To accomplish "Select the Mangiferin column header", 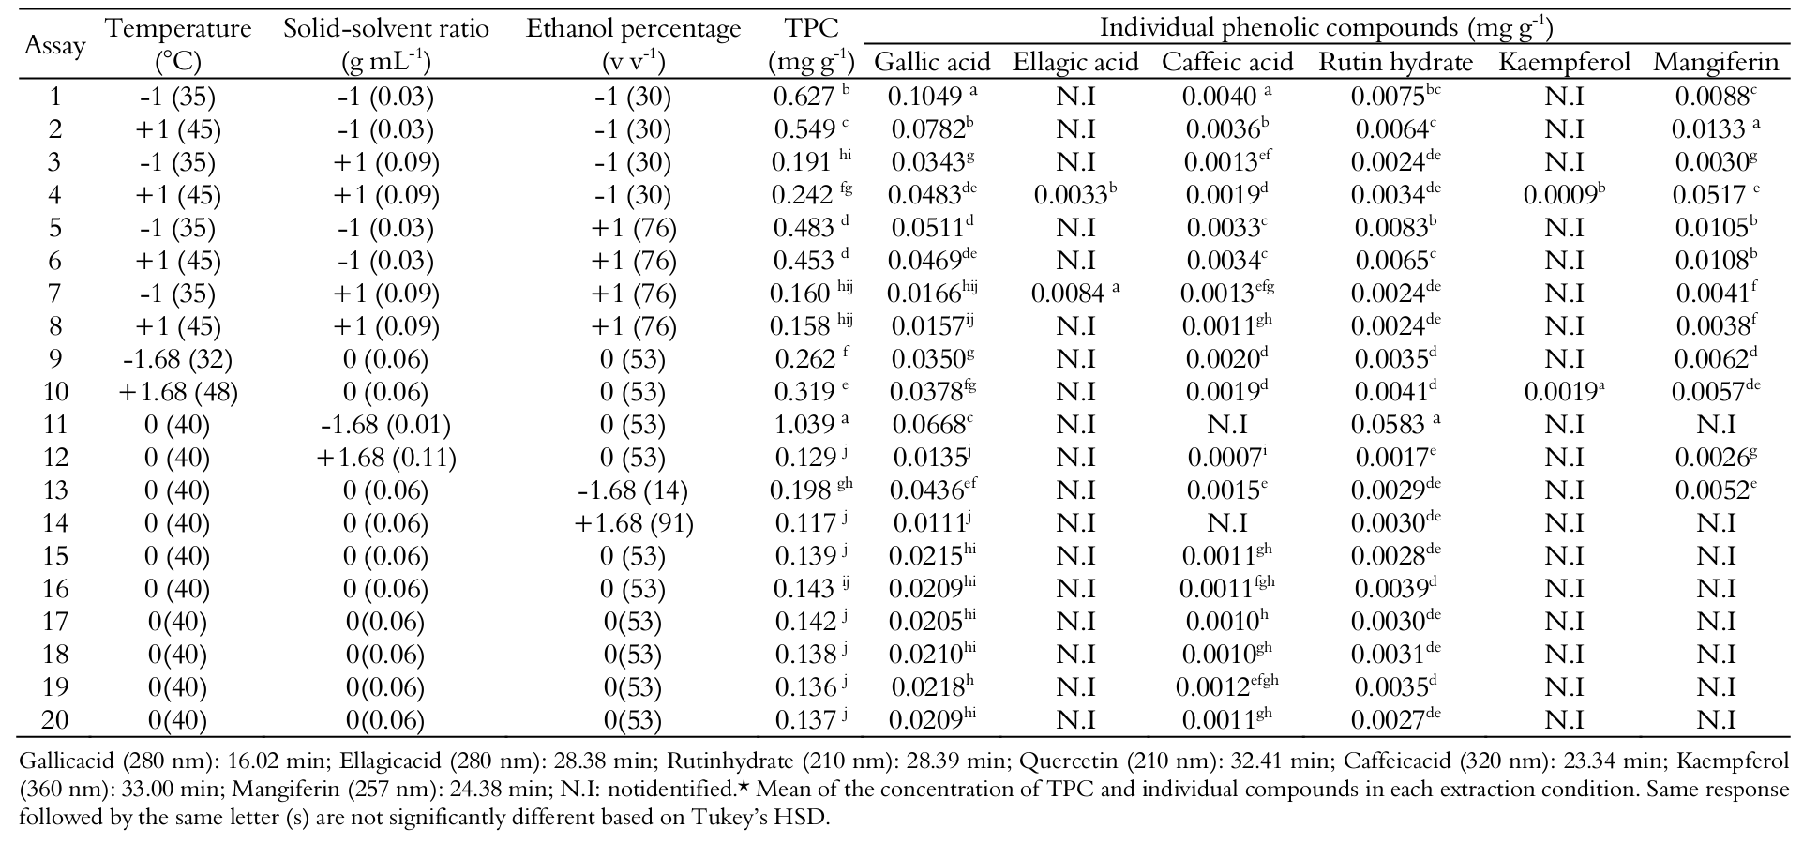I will (x=1715, y=62).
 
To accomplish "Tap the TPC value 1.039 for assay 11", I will (x=804, y=425).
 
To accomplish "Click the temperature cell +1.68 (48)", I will (x=178, y=392).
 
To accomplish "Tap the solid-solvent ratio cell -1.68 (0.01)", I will (x=385, y=425).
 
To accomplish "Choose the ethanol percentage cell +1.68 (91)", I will (x=634, y=523).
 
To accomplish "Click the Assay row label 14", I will (x=55, y=523).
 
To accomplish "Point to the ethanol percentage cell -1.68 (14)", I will (x=634, y=490).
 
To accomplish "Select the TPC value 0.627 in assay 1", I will (x=804, y=97).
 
